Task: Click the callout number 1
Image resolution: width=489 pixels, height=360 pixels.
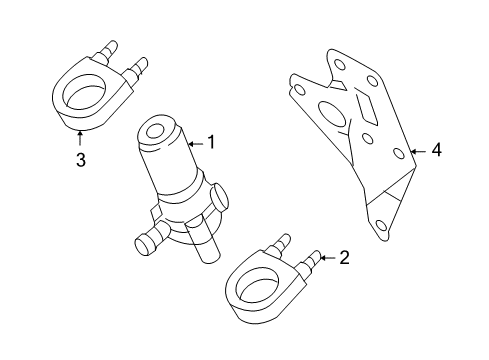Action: point(211,142)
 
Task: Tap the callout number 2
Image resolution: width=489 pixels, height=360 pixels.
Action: point(344,258)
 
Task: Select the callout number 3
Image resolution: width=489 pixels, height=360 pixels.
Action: point(81,160)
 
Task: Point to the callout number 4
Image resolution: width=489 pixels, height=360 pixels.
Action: point(436,149)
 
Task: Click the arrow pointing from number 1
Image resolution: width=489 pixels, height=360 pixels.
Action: point(196,144)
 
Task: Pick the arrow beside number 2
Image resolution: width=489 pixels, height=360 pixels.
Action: point(327,258)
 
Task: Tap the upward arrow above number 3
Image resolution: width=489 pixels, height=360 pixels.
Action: point(80,138)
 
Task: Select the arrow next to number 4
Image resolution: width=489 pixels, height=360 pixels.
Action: point(418,152)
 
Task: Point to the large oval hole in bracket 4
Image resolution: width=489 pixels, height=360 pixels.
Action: point(333,114)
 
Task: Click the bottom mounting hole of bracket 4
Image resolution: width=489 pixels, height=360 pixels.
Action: point(380,225)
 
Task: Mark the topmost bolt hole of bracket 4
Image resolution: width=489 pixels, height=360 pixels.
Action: point(339,64)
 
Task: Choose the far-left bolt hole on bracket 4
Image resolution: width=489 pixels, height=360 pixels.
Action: point(300,90)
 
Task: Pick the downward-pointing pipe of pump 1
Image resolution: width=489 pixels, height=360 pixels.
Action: point(203,243)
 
